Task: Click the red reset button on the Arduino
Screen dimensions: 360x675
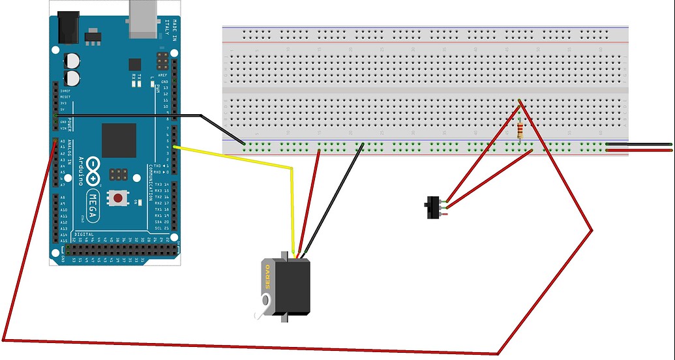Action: pos(118,197)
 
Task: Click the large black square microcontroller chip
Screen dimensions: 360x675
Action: pos(119,140)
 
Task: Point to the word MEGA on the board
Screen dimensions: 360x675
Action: pos(93,205)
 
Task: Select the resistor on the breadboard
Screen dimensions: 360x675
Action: pos(519,131)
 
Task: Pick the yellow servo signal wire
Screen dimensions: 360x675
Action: pos(290,196)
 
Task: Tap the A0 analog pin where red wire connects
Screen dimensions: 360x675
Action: pos(53,142)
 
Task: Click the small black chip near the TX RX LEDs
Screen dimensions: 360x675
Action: pos(135,64)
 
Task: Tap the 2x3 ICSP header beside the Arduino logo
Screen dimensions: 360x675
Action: pos(118,175)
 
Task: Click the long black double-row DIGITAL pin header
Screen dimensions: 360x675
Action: pos(121,249)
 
